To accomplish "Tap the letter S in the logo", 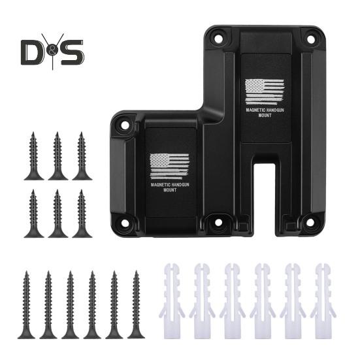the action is [x=73, y=52].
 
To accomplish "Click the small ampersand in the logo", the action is [x=53, y=52].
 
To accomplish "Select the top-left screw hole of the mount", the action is [x=219, y=38].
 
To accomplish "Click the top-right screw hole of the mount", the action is [x=310, y=39].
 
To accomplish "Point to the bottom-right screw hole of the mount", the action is [x=310, y=222].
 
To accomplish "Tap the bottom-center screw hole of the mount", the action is [x=218, y=222].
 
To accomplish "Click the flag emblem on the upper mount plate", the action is [x=265, y=92].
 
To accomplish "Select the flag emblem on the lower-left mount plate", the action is [x=169, y=167].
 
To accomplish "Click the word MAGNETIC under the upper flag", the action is [x=255, y=110].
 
